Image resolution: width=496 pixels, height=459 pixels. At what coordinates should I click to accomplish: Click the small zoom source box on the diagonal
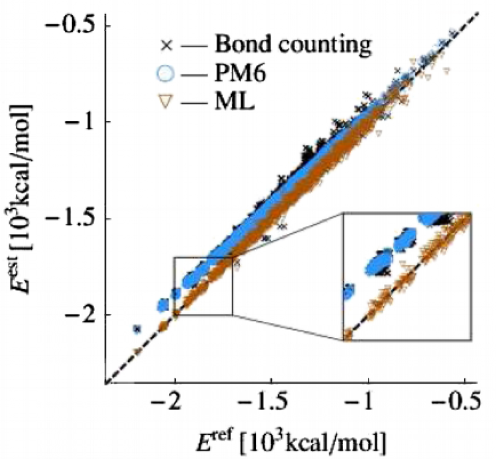coord(203,286)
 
